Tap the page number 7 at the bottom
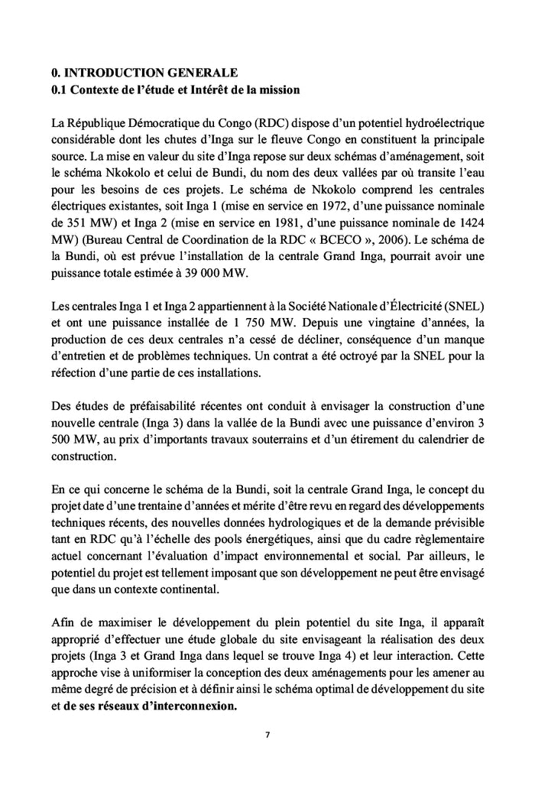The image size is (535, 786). coord(267,736)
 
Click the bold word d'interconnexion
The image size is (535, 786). coord(183,706)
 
